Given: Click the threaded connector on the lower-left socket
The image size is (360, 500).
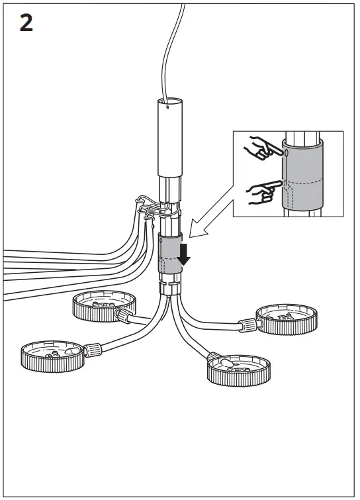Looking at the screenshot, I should (x=91, y=347).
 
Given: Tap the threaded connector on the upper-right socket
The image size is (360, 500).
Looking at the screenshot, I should (x=247, y=325).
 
